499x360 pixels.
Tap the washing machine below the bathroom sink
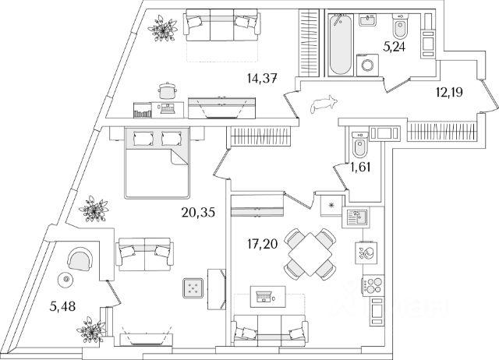[x=366, y=65]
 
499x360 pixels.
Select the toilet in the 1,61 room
[x=360, y=144]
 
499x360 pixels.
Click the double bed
[x=157, y=162]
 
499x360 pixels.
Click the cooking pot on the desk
[x=166, y=91]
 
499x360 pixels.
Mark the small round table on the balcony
[x=67, y=277]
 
